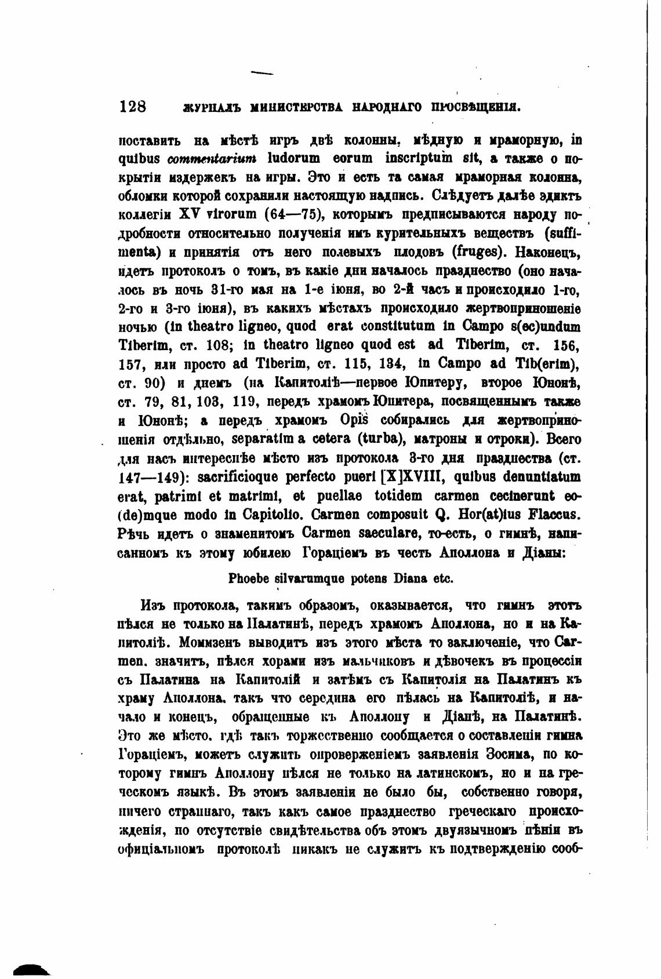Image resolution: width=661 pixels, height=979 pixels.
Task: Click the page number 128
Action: pyautogui.click(x=132, y=106)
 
